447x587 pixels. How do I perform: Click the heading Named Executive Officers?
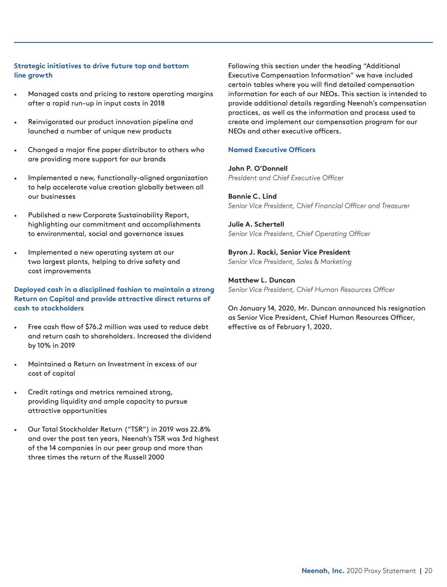pyautogui.click(x=272, y=150)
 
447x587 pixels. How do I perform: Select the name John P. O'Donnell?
pyautogui.click(x=258, y=169)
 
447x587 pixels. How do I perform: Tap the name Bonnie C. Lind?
pyautogui.click(x=252, y=196)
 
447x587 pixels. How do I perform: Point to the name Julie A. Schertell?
pyautogui.click(x=256, y=224)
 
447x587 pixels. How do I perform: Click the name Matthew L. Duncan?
pyautogui.click(x=262, y=280)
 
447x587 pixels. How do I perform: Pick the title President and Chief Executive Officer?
pyautogui.click(x=286, y=178)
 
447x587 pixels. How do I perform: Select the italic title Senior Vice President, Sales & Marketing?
pyautogui.click(x=290, y=262)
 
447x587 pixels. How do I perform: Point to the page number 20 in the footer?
pyautogui.click(x=428, y=571)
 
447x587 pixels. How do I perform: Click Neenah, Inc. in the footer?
pyautogui.click(x=323, y=571)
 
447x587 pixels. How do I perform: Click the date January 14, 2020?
pyautogui.click(x=267, y=308)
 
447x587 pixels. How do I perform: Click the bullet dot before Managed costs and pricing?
pyautogui.click(x=15, y=95)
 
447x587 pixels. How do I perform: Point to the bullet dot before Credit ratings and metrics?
pyautogui.click(x=15, y=393)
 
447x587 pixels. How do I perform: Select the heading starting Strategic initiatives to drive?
pyautogui.click(x=101, y=66)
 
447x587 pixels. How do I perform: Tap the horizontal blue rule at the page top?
pyautogui.click(x=223, y=42)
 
